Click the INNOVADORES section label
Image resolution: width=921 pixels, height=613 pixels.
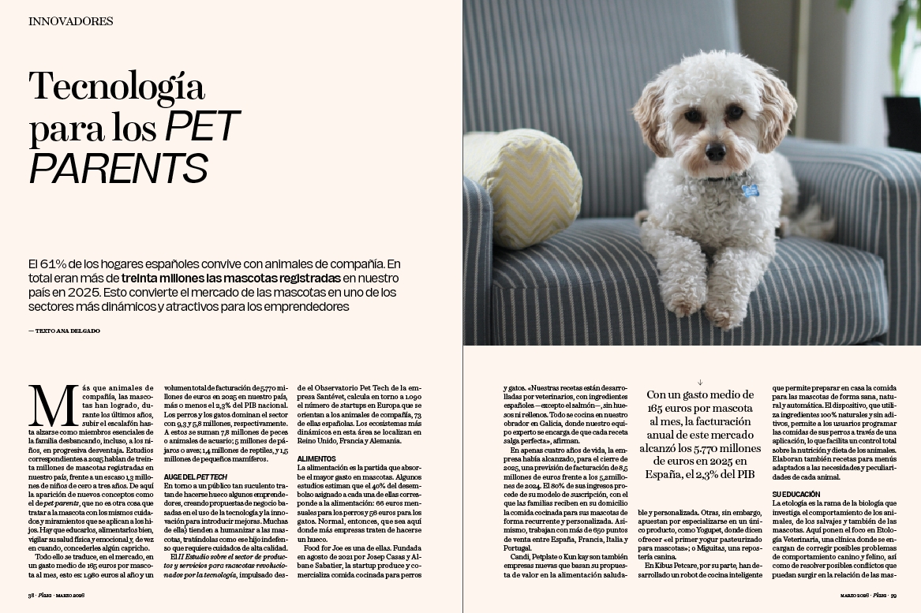click(x=70, y=21)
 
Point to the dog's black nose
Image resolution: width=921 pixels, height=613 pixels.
click(x=716, y=151)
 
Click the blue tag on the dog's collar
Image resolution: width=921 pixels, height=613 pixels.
click(x=750, y=190)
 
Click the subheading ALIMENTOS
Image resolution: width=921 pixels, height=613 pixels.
click(x=316, y=458)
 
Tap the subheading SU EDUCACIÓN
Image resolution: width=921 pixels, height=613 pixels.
click(x=796, y=494)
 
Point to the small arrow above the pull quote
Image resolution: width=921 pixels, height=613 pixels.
click(x=700, y=382)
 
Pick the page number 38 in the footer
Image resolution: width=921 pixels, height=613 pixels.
click(x=32, y=596)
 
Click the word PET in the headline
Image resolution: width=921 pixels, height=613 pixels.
click(x=201, y=127)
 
